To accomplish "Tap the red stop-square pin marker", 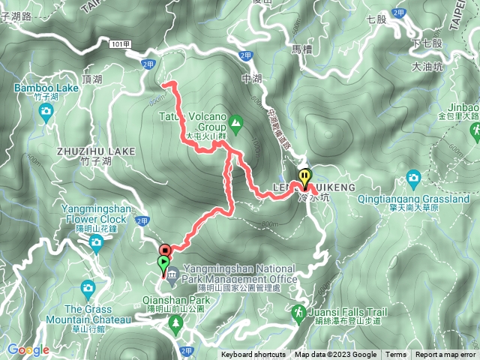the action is [165, 250].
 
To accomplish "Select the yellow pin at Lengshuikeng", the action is [304, 178].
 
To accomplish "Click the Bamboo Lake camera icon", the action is [46, 112].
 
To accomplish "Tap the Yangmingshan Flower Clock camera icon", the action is [96, 241].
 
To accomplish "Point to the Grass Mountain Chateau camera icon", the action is [88, 287].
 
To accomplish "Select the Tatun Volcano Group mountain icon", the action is [236, 121].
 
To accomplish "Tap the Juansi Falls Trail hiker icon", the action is [299, 311].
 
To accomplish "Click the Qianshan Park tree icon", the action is [176, 322].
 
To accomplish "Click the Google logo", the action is [28, 349].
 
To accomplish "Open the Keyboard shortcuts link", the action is [253, 355].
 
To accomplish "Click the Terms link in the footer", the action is [396, 355].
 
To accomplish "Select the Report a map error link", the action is [445, 355].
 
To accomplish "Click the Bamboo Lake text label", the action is [46, 88].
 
